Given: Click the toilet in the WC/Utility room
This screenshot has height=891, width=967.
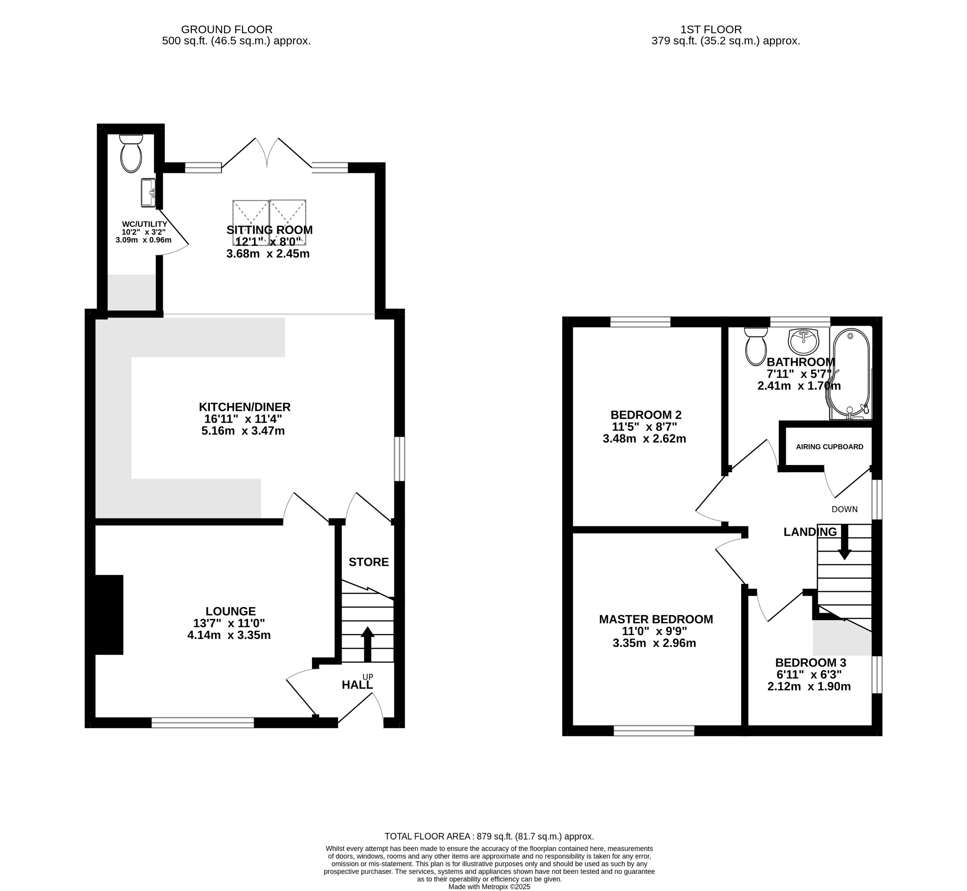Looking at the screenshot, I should (131, 154).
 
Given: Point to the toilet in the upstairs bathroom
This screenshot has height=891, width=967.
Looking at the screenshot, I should (755, 346).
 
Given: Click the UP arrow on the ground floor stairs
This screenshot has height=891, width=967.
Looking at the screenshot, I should (367, 643).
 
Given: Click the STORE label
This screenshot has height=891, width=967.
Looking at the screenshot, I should (369, 562).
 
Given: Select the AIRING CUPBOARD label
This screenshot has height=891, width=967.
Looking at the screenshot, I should (829, 447).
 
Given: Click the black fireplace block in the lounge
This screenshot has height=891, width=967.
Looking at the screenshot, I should (110, 615).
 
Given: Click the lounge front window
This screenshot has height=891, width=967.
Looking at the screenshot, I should (203, 722).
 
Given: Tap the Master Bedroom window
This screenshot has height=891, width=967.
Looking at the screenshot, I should (654, 731).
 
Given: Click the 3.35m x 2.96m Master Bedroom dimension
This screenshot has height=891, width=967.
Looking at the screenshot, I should (654, 643).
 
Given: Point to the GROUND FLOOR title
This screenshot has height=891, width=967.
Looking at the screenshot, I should (227, 29).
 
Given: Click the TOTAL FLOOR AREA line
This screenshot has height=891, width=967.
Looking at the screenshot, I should (489, 837).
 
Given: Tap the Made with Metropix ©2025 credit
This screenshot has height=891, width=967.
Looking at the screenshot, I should (489, 887).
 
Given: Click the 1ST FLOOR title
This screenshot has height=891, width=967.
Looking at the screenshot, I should (711, 29).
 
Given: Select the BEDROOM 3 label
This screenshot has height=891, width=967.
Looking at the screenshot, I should (810, 663).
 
